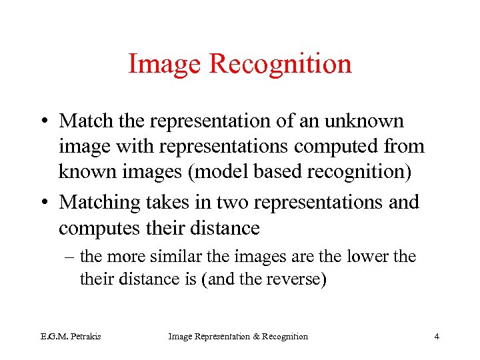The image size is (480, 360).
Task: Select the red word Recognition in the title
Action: (280, 65)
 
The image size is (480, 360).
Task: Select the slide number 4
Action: (437, 336)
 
